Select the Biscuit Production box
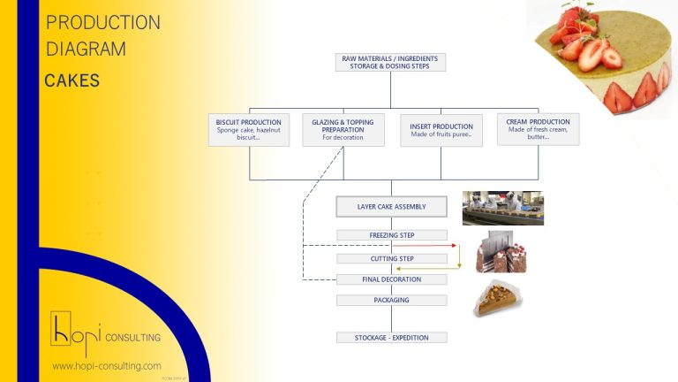coord(248,130)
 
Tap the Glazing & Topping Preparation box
coord(343,130)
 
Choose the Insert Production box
coord(441,130)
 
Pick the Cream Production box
coord(538,130)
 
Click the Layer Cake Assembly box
coord(391,207)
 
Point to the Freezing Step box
coord(391,235)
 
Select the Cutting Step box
coord(391,258)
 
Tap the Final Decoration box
coord(391,279)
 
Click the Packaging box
coord(391,300)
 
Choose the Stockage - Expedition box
coord(391,338)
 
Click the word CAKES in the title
coord(72,81)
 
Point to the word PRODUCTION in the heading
coord(102,23)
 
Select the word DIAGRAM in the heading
coord(86,50)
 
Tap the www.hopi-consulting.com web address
coord(106,366)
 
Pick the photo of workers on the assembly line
coord(502,209)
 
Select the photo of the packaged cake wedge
coord(497,299)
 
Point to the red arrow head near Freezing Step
coord(454,245)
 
